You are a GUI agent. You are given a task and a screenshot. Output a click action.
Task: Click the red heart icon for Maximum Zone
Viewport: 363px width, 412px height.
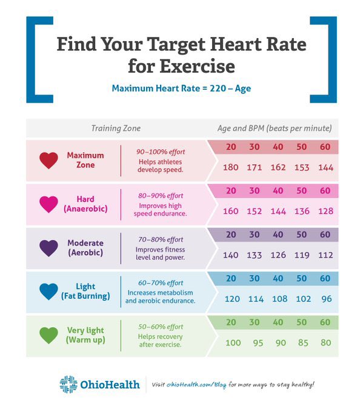point(48,161)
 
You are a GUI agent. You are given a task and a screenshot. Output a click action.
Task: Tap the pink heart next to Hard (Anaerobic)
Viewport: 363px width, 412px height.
point(48,204)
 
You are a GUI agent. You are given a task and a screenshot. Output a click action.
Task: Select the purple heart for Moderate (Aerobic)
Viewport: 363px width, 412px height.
point(48,248)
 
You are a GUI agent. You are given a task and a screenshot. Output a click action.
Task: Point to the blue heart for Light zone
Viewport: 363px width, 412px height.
point(48,291)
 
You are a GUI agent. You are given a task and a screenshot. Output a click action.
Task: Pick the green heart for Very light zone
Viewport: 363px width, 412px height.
point(48,335)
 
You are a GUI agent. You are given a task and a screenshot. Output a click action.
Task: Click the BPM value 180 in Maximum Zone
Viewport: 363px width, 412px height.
point(231,167)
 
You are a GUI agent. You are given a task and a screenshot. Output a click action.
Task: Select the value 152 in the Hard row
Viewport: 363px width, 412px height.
point(255,211)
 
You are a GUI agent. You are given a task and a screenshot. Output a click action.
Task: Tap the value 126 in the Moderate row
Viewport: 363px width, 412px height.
point(278,255)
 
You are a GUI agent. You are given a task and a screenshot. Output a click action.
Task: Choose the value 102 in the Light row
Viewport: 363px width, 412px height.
point(302,299)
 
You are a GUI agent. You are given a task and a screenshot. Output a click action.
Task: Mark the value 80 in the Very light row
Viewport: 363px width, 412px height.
point(325,342)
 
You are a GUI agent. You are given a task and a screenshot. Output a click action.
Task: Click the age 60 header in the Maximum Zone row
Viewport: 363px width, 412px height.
point(325,148)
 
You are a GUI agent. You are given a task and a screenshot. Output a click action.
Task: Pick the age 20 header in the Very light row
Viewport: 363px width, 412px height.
point(231,323)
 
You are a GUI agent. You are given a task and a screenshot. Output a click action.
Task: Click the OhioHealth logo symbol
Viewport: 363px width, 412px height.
point(68,384)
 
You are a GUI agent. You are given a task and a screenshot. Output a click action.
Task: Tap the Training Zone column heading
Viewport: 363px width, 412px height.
point(116,128)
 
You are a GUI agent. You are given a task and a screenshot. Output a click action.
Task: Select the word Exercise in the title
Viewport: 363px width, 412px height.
point(182,65)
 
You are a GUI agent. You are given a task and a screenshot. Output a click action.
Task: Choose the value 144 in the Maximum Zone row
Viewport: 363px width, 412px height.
point(325,167)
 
